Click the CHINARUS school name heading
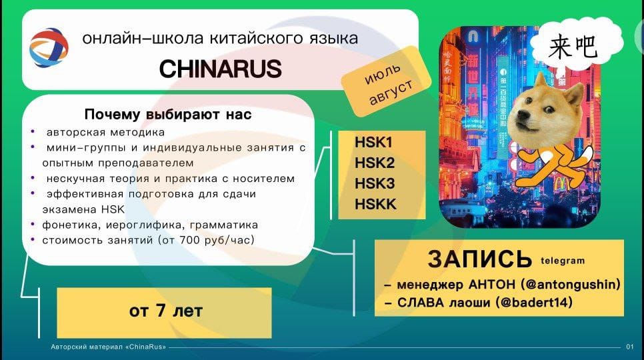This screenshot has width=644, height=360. pyautogui.click(x=221, y=69)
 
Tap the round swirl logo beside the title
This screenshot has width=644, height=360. pyautogui.click(x=49, y=47)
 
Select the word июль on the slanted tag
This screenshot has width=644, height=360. pyautogui.click(x=383, y=73)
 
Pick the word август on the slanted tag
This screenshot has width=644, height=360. pyautogui.click(x=391, y=93)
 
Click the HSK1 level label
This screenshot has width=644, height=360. pyautogui.click(x=373, y=143)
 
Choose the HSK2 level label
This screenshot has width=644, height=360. pyautogui.click(x=375, y=163)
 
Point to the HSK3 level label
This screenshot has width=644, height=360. pyautogui.click(x=375, y=183)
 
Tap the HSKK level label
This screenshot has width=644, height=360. pyautogui.click(x=375, y=204)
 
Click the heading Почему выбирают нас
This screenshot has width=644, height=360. pyautogui.click(x=168, y=114)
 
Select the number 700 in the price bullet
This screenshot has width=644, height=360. pyautogui.click(x=189, y=240)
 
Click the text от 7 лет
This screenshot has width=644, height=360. pyautogui.click(x=166, y=311)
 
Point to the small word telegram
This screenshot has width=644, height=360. pyautogui.click(x=563, y=261)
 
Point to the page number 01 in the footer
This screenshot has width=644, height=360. pyautogui.click(x=629, y=347)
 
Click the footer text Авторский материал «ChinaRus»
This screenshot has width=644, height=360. pyautogui.click(x=109, y=347)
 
